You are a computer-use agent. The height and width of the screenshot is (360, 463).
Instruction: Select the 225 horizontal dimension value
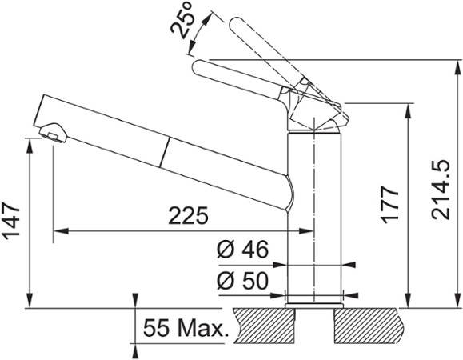pyautogui.click(x=189, y=216)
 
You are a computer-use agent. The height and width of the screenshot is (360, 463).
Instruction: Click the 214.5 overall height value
pyautogui.click(x=442, y=189)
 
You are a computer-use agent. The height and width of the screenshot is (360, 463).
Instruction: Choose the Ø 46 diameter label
pyautogui.click(x=241, y=250)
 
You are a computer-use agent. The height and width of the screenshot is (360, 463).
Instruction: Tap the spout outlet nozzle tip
pyautogui.click(x=54, y=134)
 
